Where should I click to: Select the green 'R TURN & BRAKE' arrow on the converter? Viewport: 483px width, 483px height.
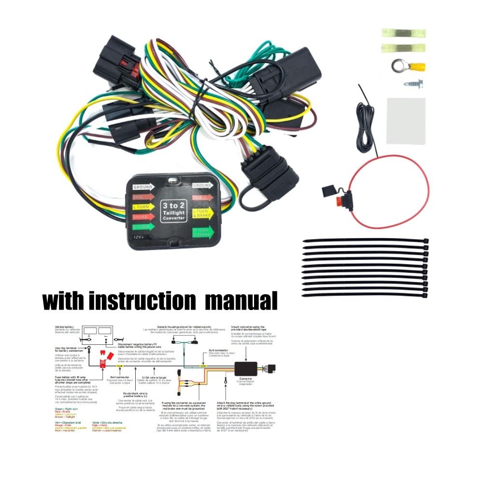[203, 232]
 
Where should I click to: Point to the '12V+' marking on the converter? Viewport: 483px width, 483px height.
[141, 238]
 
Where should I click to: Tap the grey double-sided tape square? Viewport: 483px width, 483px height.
[406, 121]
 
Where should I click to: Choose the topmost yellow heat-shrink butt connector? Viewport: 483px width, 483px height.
[403, 33]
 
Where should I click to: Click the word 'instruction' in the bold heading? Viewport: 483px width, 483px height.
[142, 300]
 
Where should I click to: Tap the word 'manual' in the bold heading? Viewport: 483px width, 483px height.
[241, 300]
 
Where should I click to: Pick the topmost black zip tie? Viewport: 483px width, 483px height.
[365, 241]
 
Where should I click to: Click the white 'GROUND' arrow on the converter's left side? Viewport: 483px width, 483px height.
[143, 187]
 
